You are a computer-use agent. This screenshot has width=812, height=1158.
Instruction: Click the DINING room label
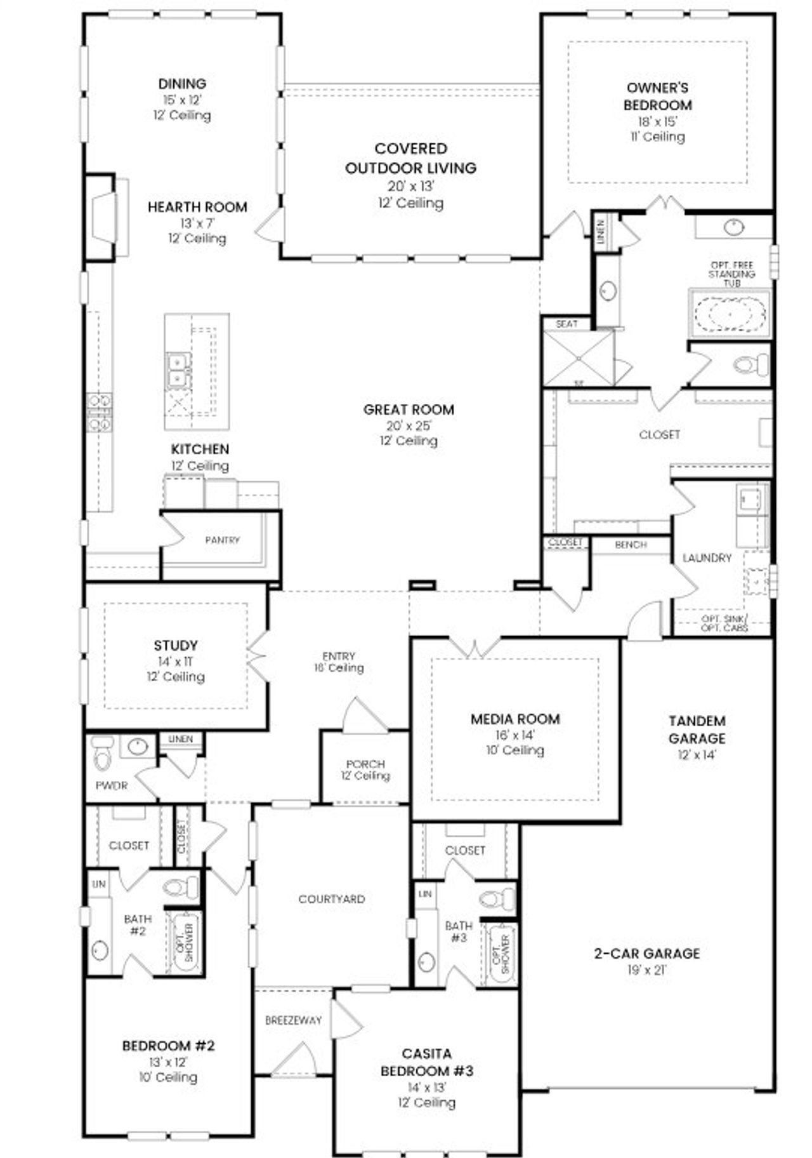pos(182,84)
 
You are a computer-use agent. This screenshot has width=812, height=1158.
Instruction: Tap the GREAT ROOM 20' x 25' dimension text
pos(409,426)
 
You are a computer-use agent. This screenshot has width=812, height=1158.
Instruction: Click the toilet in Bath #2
pos(181,887)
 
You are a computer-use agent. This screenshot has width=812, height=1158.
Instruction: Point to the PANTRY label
pos(222,540)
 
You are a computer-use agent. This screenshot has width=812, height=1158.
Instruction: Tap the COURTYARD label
pos(331,899)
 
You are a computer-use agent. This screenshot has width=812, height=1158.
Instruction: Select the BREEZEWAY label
pos(293,1020)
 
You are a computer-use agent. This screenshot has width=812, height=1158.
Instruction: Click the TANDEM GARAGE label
pos(697,729)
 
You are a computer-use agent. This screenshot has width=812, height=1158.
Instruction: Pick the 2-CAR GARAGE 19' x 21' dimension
pos(646,970)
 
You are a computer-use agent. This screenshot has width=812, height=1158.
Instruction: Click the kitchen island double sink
pos(178,370)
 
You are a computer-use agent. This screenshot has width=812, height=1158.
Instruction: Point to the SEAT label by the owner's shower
pos(566,324)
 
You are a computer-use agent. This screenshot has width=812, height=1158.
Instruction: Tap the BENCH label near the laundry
pos(631,545)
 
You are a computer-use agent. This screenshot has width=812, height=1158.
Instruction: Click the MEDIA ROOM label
pos(515,719)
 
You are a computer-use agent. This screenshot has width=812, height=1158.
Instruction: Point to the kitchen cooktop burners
pos(100,412)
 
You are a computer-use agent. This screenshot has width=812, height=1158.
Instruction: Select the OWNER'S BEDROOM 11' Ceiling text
pos(657,136)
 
